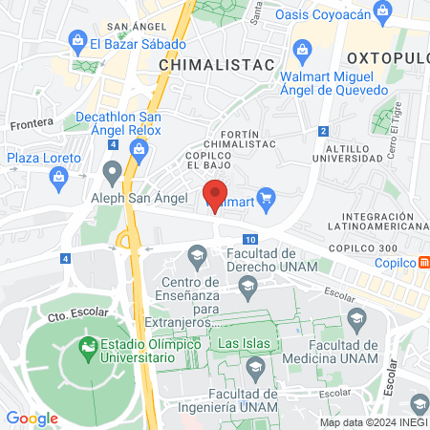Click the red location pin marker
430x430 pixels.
pos(216,190)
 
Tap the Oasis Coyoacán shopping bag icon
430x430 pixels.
pos(383,13)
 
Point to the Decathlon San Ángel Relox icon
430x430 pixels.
pos(140,148)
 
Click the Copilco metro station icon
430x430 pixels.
pos(423,262)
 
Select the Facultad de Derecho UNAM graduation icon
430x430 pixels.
pos(198,254)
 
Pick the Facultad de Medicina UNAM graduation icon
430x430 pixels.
pos(357,318)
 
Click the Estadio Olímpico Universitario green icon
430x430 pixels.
pos(87,344)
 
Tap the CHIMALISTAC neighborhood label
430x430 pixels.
pos(215,64)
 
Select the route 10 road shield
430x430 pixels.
pos(250,239)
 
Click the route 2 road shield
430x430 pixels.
pos(324,131)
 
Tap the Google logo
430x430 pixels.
pos(32,418)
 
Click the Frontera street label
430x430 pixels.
pos(30,124)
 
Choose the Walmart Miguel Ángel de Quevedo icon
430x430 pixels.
pos(301,49)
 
